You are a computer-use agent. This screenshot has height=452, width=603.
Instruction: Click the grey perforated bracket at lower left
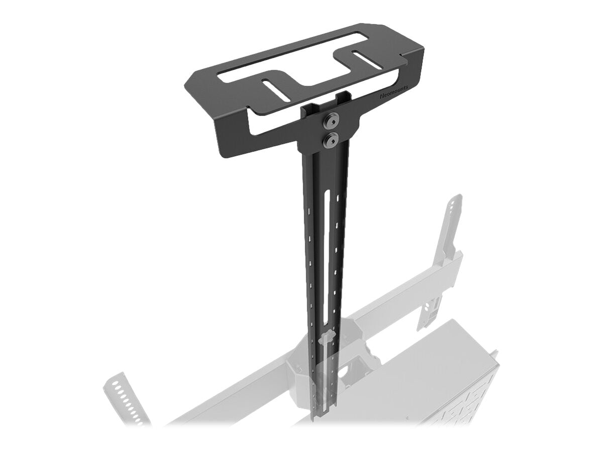pos(123,397)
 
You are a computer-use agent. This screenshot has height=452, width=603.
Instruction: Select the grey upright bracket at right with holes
pos(452,226)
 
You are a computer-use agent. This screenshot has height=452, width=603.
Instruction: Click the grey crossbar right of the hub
pos(412,291)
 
